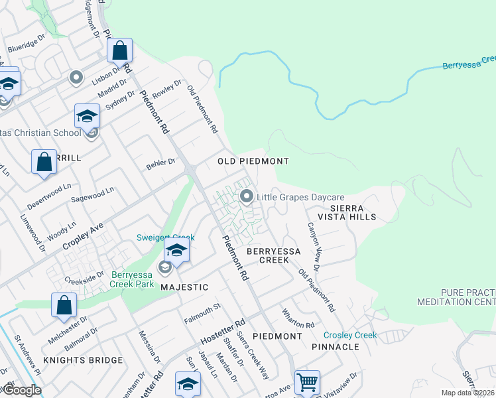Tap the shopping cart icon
coord(307,383)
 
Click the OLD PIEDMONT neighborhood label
coord(253,161)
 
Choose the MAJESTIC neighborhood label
coord(184,287)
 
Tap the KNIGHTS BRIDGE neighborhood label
coord(83,360)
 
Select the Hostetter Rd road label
coord(223,330)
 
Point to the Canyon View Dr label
coord(313,246)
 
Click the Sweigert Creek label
coord(165,237)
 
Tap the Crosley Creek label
coord(350,335)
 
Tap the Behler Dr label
coord(162,161)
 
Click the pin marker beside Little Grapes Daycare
coord(247,196)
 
